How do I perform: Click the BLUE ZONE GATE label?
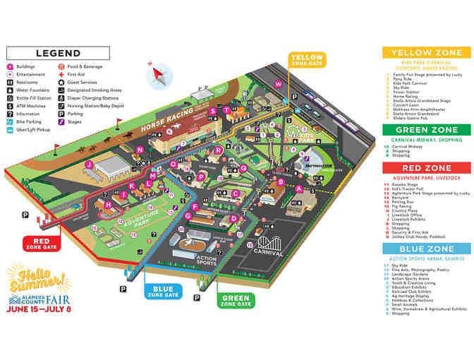click(x=163, y=292)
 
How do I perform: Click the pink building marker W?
click(x=278, y=85)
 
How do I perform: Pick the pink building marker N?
click(x=140, y=150)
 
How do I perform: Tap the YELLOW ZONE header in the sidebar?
click(x=427, y=52)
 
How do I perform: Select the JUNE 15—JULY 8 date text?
click(x=39, y=308)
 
